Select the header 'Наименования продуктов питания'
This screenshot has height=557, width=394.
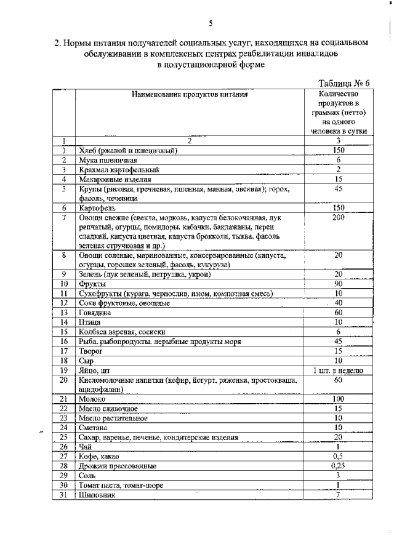[190, 95]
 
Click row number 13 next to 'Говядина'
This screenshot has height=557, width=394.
[63, 313]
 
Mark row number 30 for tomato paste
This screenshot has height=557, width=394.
[63, 485]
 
